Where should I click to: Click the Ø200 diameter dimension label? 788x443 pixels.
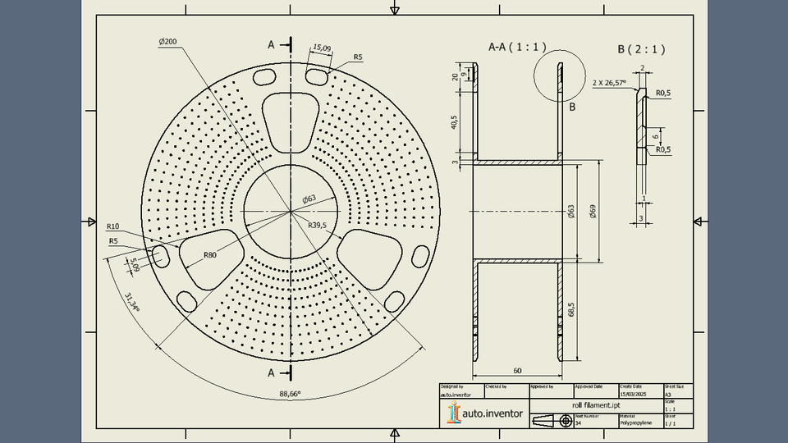167,41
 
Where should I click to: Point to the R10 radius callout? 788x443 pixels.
113,226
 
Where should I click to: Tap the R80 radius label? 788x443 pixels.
210,255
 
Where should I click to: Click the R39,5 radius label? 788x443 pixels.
317,225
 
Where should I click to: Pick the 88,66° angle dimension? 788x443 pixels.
290,394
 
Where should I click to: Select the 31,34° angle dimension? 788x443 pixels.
131,302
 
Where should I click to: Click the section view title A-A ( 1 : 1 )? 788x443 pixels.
517,47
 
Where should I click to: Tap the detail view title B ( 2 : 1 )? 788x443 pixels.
641,49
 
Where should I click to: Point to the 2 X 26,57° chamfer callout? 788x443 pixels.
609,83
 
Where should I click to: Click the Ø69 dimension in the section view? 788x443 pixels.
593,212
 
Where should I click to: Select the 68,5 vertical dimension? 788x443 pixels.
570,310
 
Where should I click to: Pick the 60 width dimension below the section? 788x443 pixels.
517,371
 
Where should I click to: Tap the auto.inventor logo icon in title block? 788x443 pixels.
452,414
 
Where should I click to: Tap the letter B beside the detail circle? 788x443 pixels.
572,107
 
